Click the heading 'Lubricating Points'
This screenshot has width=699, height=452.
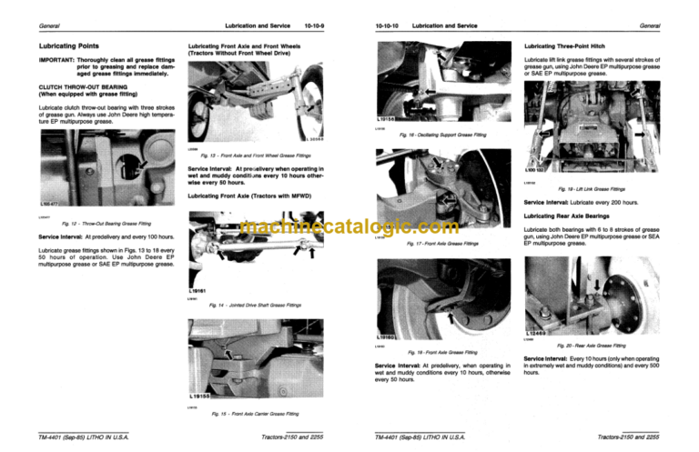(54, 45)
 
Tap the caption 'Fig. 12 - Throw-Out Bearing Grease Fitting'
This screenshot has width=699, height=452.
(106, 224)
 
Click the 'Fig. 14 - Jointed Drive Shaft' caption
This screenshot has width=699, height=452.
(258, 305)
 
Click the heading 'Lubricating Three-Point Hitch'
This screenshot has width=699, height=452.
(570, 45)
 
